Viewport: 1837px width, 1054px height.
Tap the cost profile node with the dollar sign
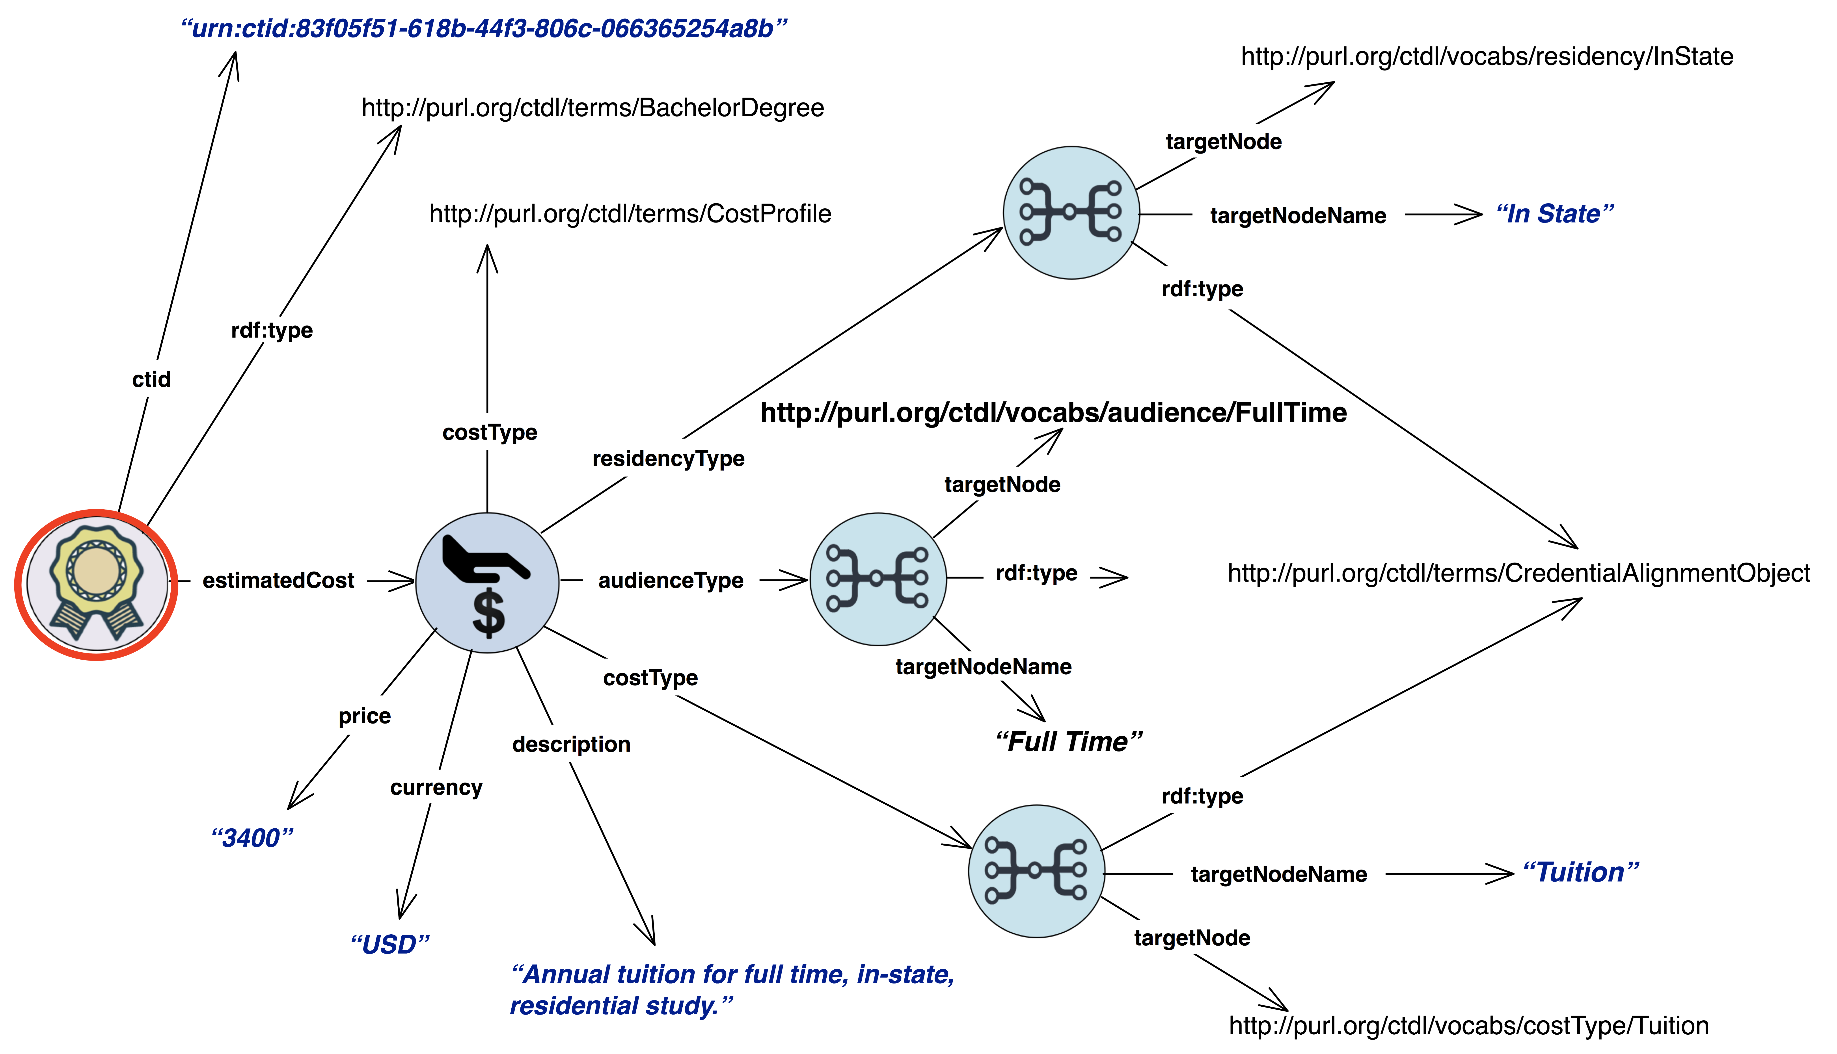(487, 583)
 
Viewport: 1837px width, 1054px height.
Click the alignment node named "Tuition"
(1037, 871)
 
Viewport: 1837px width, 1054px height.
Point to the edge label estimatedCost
(278, 581)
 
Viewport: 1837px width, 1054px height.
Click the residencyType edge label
(668, 459)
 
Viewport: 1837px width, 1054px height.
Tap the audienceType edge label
(671, 581)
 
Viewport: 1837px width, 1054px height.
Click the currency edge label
(436, 788)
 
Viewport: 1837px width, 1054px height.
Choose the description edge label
(571, 745)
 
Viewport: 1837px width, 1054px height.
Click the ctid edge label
(151, 379)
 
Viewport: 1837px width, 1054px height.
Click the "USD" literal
(389, 945)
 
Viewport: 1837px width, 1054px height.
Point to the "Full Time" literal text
(1069, 742)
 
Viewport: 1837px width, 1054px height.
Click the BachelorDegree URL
(592, 108)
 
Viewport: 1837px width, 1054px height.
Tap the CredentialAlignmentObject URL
(1518, 573)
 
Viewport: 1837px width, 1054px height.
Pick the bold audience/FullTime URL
(1054, 413)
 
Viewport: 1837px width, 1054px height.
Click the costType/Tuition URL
(1468, 1026)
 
